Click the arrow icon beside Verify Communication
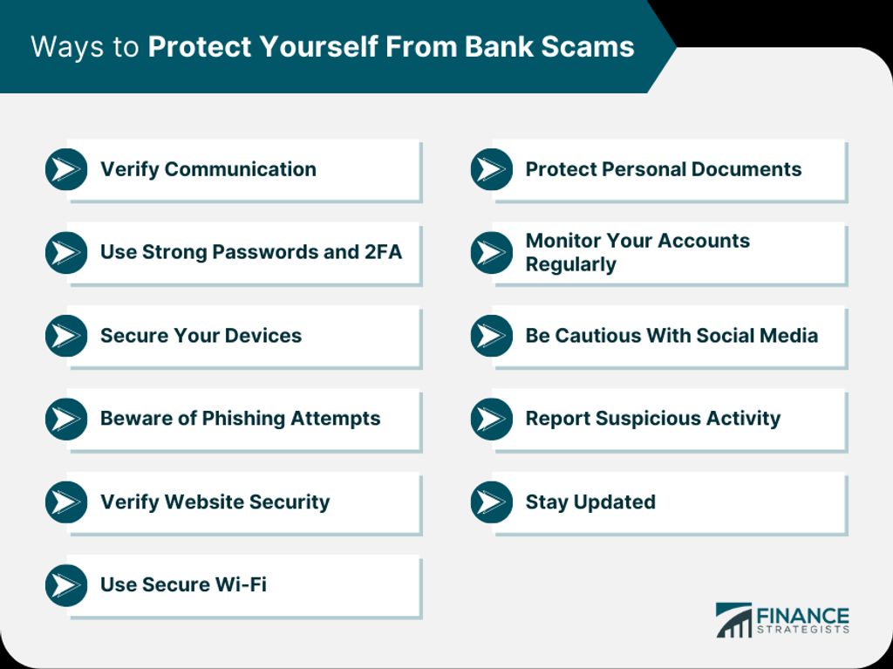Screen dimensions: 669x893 (x=66, y=169)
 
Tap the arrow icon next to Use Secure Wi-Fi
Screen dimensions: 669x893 (x=66, y=585)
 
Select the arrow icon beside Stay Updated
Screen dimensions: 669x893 (x=492, y=502)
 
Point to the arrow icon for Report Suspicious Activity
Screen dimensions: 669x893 (x=492, y=419)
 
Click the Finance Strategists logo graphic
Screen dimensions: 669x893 (x=733, y=619)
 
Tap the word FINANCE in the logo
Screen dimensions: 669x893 (x=802, y=614)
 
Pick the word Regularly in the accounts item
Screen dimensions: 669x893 (x=570, y=264)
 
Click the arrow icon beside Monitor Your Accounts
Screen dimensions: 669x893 (x=492, y=253)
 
